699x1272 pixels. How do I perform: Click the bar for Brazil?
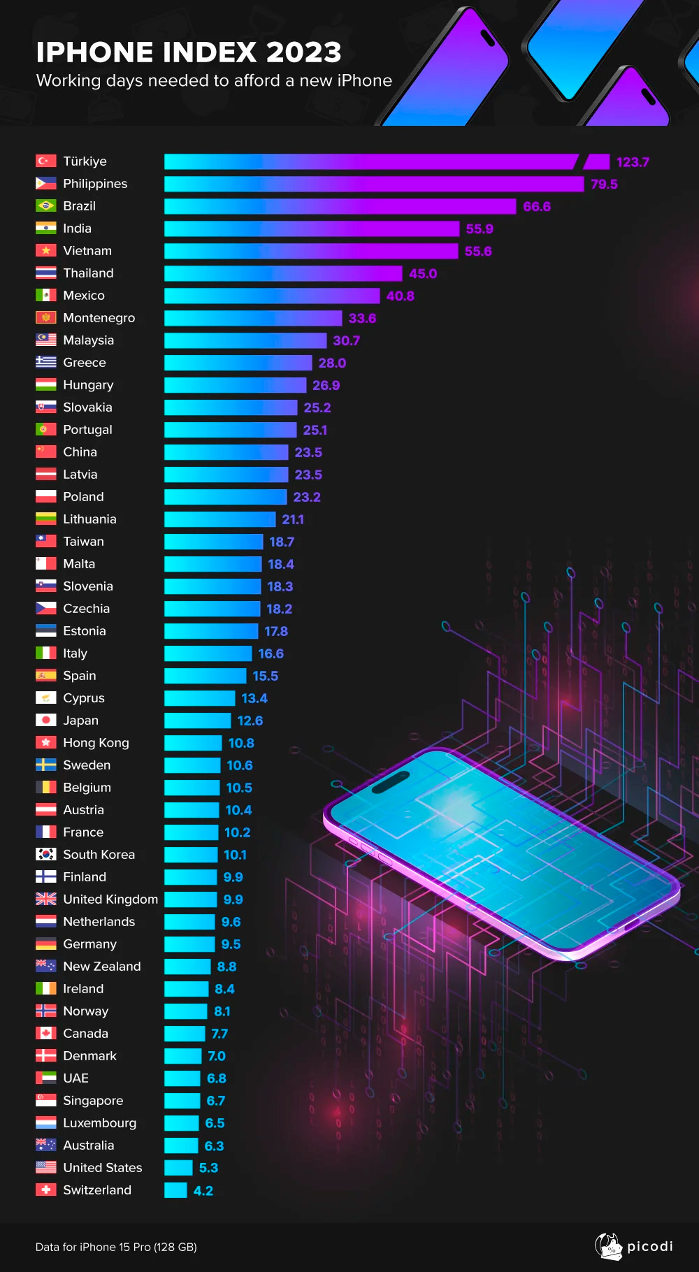point(340,206)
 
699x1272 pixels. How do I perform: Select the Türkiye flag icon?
point(46,161)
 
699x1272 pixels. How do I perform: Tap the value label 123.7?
point(633,162)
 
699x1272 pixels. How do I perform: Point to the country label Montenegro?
point(99,318)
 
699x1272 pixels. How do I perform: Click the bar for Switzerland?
point(175,1190)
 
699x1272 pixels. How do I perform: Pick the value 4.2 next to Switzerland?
point(203,1191)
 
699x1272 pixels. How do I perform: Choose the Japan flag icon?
point(46,721)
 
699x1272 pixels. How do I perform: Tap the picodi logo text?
point(649,1246)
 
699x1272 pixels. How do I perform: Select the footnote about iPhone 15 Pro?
point(116,1247)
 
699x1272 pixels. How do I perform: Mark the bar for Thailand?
point(283,273)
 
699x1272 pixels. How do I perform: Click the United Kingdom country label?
point(110,899)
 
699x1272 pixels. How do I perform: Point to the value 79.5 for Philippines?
point(604,185)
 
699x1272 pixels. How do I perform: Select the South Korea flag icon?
point(46,855)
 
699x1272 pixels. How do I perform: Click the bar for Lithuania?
point(219,519)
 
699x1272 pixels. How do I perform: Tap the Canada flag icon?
point(46,1034)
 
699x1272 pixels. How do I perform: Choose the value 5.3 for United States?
point(208,1168)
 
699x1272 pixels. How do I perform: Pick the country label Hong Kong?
point(96,743)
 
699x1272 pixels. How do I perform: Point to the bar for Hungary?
point(235,385)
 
